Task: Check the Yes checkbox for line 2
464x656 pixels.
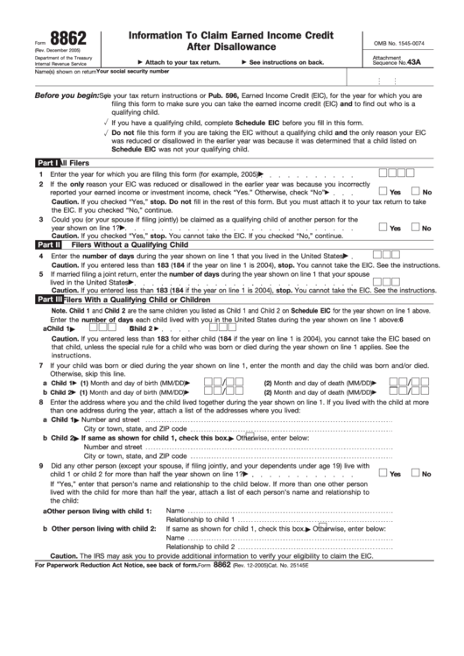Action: pyautogui.click(x=383, y=191)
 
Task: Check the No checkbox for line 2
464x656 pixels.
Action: pyautogui.click(x=417, y=191)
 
